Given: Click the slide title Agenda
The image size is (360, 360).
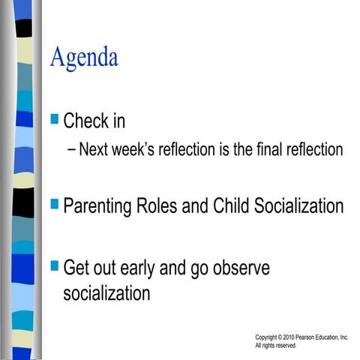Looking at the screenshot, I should [84, 58].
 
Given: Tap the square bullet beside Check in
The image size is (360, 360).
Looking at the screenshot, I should [54, 118].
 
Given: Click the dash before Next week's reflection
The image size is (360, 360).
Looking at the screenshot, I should [71, 150].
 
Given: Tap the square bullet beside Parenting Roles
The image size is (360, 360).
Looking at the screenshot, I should [54, 202].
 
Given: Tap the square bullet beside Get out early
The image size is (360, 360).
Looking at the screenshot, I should [54, 265].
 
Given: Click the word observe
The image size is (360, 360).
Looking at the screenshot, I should [238, 268].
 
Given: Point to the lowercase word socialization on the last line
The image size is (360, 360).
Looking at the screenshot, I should [106, 292].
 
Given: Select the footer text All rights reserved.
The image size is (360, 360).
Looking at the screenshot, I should [276, 346].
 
